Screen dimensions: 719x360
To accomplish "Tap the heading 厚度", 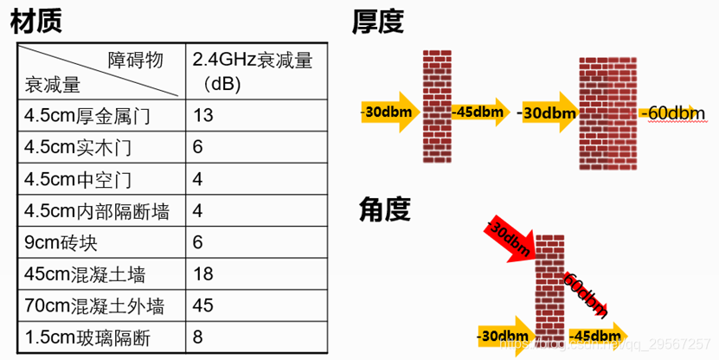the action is (x=378, y=22).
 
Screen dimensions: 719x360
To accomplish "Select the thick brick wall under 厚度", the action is (x=607, y=112).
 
